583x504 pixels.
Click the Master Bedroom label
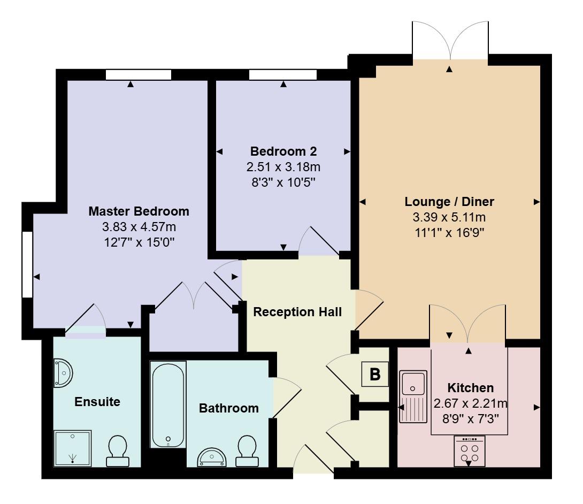pos(139,211)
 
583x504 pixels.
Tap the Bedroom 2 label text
pos(283,151)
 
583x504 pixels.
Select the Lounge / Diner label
pos(449,202)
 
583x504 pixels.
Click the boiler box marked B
pos(375,375)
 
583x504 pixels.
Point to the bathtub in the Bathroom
pos(168,404)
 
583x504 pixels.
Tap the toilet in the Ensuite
pos(118,450)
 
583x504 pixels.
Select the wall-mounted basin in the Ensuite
pos(63,373)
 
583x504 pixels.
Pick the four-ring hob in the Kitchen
pos(469,450)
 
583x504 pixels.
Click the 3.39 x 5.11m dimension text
pos(449,217)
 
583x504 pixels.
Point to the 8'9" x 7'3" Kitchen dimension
pos(470,419)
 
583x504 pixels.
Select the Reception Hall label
pos(297,311)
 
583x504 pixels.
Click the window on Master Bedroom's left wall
pos(27,264)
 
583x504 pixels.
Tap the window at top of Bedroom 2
pos(282,75)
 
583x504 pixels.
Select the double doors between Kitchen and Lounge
pos(468,324)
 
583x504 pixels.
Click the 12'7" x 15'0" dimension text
pos(139,242)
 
